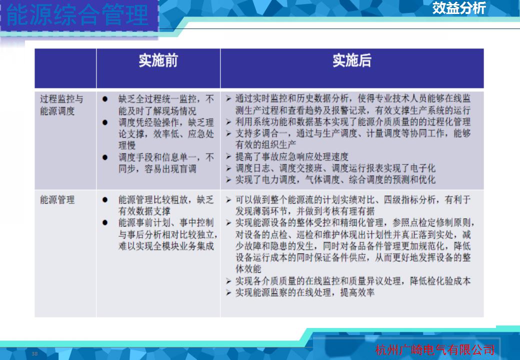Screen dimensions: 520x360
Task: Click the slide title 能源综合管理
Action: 77,15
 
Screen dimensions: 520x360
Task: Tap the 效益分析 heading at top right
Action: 459,8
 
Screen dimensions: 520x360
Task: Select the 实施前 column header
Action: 158,60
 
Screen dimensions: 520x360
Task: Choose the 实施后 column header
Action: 352,60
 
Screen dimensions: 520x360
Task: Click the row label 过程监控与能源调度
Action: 61,105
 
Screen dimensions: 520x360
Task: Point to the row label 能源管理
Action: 57,200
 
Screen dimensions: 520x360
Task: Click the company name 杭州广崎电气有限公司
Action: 435,349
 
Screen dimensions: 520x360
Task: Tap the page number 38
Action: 34,353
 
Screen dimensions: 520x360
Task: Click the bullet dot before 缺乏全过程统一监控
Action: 105,99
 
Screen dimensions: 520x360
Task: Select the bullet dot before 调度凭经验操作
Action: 105,122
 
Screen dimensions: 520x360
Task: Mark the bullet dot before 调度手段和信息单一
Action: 105,157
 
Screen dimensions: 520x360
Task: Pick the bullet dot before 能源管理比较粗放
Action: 105,200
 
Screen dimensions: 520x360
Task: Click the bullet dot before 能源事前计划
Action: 105,223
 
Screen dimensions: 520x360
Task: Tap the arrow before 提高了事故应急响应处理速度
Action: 228,156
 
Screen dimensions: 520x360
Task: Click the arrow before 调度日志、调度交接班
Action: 228,168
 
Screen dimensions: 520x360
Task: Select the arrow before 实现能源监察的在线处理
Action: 228,292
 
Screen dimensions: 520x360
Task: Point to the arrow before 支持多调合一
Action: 228,133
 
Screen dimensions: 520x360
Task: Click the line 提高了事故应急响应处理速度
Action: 292,156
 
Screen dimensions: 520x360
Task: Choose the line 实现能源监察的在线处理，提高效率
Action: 305,292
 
